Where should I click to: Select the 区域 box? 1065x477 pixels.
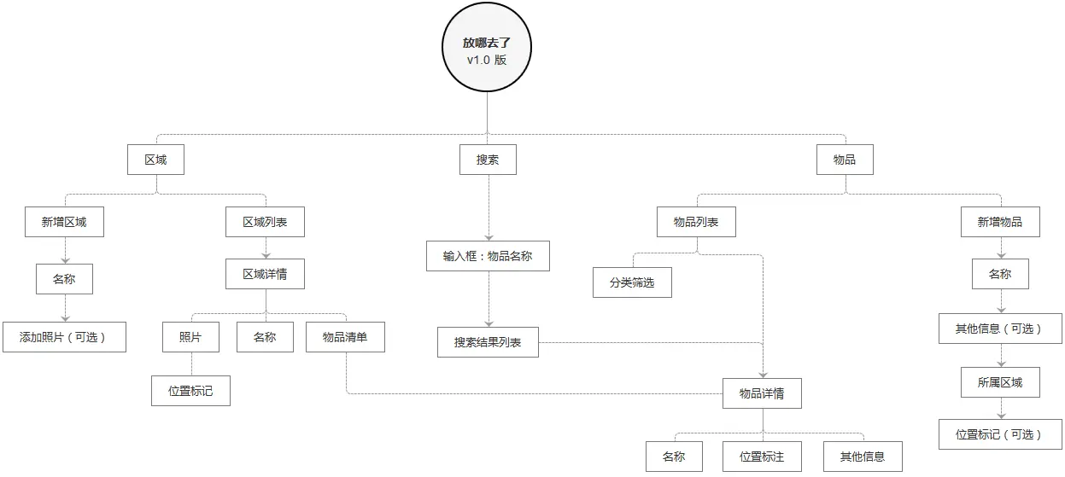pyautogui.click(x=155, y=160)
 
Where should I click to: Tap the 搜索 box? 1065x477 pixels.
pyautogui.click(x=488, y=160)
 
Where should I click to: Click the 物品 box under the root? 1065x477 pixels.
pyautogui.click(x=845, y=160)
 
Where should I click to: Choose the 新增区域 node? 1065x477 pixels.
pyautogui.click(x=64, y=222)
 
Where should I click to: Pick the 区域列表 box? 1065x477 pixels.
pyautogui.click(x=265, y=222)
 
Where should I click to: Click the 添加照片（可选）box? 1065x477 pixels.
pyautogui.click(x=64, y=336)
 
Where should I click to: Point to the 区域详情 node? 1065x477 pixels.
pyautogui.click(x=265, y=274)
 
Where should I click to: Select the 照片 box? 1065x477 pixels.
pyautogui.click(x=190, y=337)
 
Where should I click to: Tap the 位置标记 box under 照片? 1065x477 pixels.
pyautogui.click(x=190, y=390)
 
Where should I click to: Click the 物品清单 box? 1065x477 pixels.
pyautogui.click(x=345, y=337)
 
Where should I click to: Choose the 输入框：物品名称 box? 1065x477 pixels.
pyautogui.click(x=488, y=255)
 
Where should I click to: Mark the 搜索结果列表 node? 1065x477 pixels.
pyautogui.click(x=488, y=342)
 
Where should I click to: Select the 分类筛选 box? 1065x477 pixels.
pyautogui.click(x=632, y=282)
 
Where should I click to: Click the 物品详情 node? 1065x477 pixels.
pyautogui.click(x=762, y=393)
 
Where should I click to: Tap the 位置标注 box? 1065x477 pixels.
pyautogui.click(x=762, y=457)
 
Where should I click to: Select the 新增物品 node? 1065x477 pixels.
pyautogui.click(x=999, y=222)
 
